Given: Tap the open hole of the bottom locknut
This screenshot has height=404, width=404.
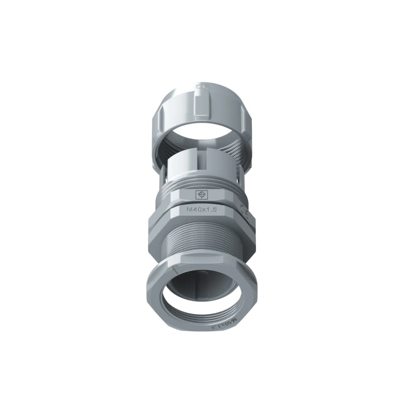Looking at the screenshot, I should pos(202,298).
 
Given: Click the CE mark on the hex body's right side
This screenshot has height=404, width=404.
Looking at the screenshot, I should pos(245,207).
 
